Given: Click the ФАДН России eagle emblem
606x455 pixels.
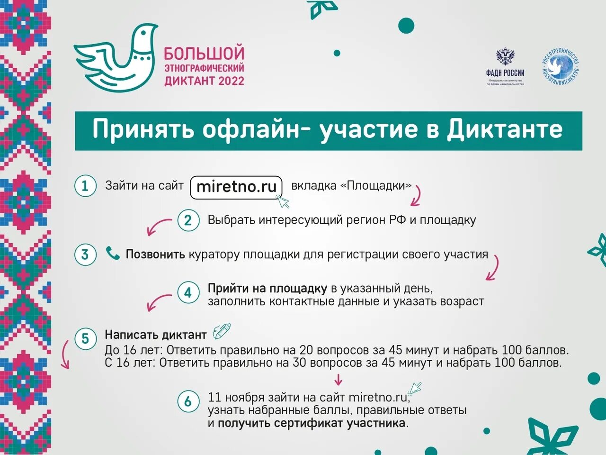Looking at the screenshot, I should (x=505, y=57).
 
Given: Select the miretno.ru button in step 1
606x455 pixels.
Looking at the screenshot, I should (x=236, y=186).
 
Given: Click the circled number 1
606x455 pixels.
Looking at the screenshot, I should (x=85, y=185).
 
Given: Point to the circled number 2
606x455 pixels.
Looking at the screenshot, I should (x=188, y=220).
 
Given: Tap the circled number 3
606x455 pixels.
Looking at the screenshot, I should (x=85, y=255).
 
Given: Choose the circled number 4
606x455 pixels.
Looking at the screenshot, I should (x=188, y=293).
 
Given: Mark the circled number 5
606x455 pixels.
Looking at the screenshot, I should (x=85, y=339).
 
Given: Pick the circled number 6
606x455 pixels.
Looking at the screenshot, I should (x=188, y=402).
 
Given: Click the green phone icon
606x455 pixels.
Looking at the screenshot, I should (x=113, y=254).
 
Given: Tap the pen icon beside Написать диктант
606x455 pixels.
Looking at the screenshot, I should (x=222, y=331).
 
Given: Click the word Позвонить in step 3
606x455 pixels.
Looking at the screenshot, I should (x=155, y=255).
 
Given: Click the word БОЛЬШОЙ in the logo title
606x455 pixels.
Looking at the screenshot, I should (x=204, y=53).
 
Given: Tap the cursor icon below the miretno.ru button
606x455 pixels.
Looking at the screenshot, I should (x=283, y=202).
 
